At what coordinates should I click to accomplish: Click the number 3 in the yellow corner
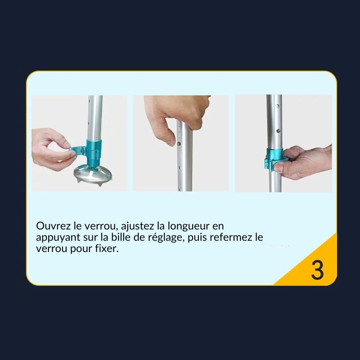(317, 270)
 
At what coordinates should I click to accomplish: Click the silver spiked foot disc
(93, 175)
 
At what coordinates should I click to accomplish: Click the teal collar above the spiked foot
(94, 153)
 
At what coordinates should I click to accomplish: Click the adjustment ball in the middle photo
(179, 144)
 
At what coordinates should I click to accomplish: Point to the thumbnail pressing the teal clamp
(279, 168)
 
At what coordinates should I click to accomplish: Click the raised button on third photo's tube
(278, 131)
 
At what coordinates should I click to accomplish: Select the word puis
(197, 238)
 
